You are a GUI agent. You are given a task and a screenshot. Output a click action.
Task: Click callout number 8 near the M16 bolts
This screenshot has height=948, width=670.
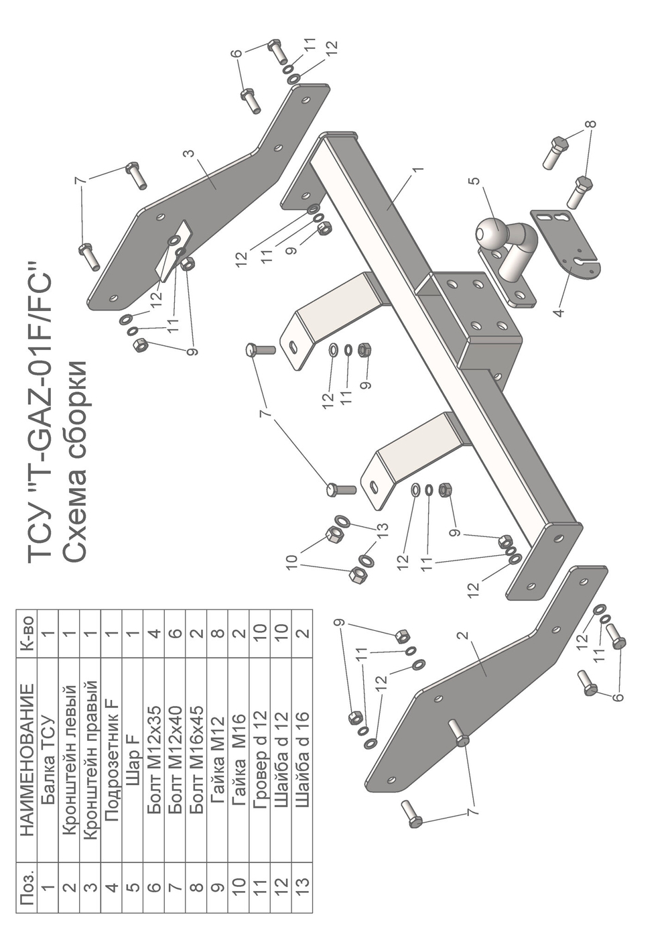(x=592, y=124)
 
